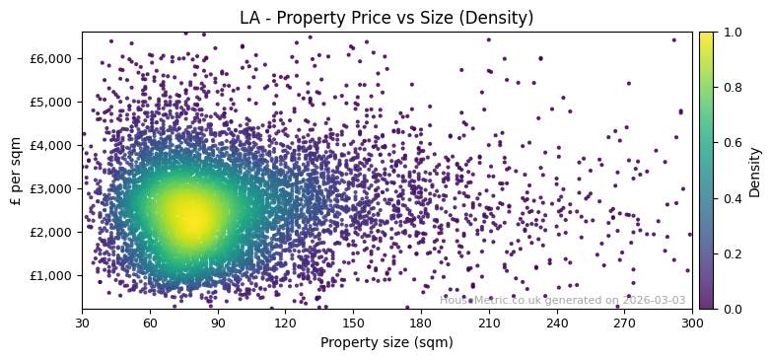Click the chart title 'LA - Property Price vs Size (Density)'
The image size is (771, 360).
pos(386,18)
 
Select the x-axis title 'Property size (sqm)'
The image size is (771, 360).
pos(386,342)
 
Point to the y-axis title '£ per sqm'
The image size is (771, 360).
pos(16,171)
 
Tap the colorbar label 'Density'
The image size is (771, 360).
pos(755,171)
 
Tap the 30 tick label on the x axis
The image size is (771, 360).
pos(82,323)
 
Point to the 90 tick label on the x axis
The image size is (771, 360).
pos(218,323)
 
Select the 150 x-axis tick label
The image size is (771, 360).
pos(353,323)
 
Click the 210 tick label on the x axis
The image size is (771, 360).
pos(489,323)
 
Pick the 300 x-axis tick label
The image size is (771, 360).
pos(692,323)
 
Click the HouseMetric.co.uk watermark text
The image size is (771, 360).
pos(562,300)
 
